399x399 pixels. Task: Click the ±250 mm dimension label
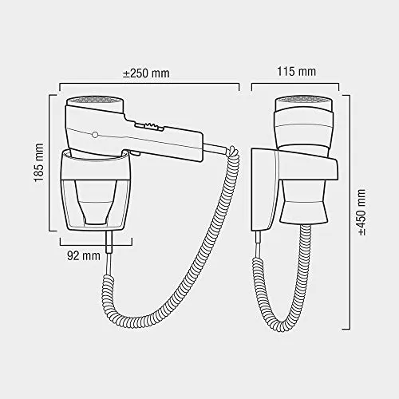(146, 73)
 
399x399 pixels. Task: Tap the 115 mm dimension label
(296, 71)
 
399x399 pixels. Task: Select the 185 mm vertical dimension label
(39, 163)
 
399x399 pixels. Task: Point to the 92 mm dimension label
(84, 255)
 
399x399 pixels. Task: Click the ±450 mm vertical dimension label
(361, 212)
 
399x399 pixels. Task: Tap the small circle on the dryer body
(95, 135)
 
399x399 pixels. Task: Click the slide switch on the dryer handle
(148, 126)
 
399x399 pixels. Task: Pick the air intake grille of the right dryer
(303, 101)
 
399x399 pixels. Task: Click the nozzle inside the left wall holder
(97, 202)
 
